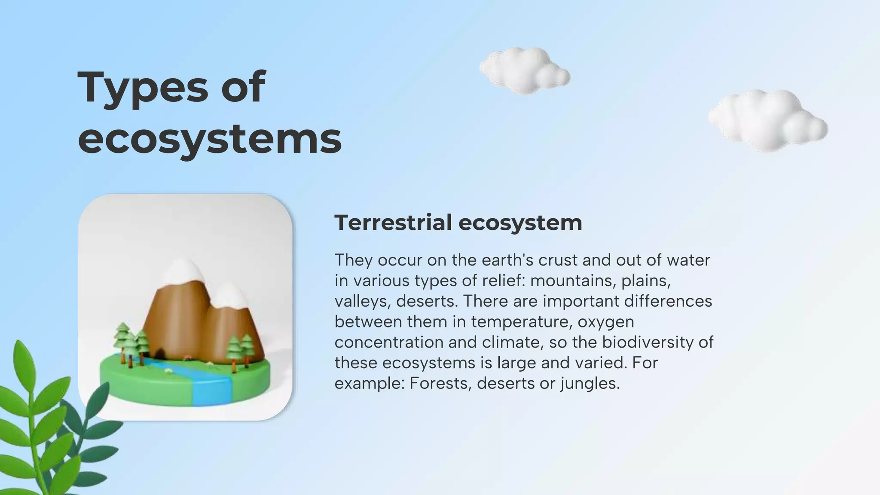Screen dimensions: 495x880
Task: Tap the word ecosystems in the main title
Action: click(210, 139)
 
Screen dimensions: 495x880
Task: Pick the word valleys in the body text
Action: click(363, 301)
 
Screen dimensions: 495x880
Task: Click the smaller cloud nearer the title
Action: click(525, 71)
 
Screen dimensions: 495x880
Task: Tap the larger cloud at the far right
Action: click(767, 121)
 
